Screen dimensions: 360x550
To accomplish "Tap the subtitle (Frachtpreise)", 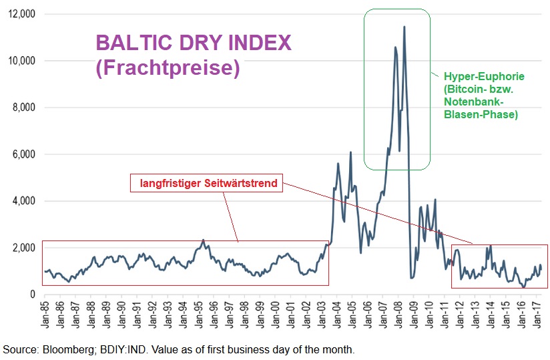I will [x=168, y=67].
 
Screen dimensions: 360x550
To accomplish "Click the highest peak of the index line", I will [x=404, y=27].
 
